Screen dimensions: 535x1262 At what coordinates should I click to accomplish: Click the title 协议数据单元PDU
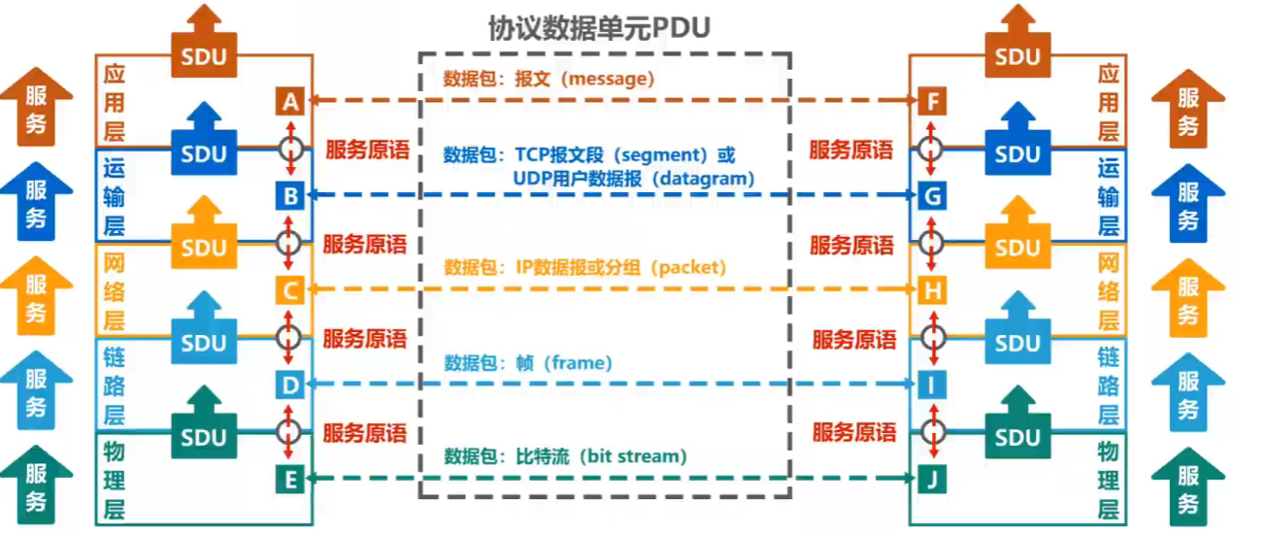599,28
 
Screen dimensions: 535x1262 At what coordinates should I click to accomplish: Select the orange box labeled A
290,101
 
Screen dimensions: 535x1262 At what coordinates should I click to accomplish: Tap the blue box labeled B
290,196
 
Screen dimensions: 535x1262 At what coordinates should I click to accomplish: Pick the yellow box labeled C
290,289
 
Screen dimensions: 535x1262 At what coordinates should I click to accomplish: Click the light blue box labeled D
290,385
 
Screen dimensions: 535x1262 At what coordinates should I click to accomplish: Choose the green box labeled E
290,478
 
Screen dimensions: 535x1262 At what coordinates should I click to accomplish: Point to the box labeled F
933,101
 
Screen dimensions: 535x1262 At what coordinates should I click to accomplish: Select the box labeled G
933,196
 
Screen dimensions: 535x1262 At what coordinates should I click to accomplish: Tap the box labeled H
933,289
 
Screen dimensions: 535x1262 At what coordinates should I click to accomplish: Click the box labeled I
933,385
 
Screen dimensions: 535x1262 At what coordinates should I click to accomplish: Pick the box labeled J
933,478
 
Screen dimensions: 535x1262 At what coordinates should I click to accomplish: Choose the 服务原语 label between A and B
367,150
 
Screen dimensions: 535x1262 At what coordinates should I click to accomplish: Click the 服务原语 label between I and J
854,432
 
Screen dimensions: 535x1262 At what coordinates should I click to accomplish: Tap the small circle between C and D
289,337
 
